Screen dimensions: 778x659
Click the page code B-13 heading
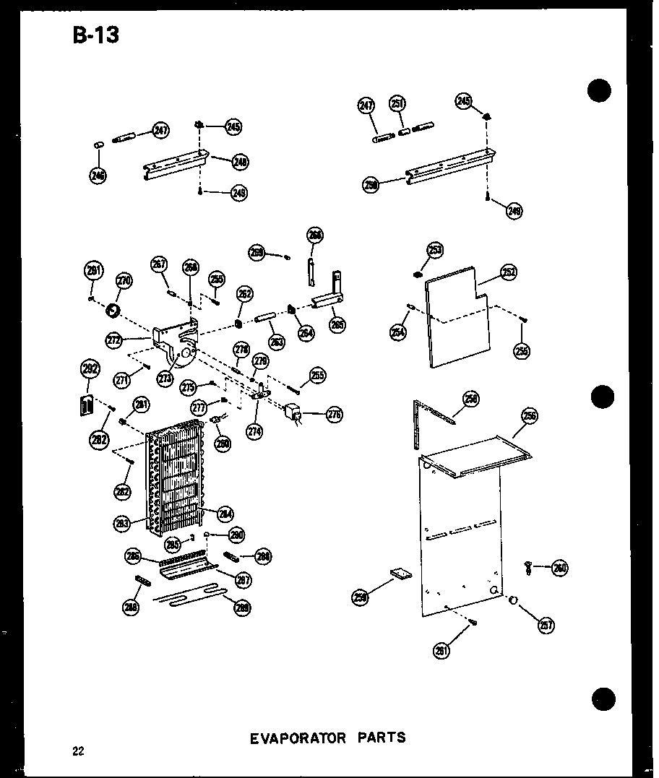click(95, 35)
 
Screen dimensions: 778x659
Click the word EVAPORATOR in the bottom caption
click(298, 738)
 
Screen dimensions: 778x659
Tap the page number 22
click(78, 751)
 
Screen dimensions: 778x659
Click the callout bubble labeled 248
click(240, 163)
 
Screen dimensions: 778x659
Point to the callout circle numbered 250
click(371, 185)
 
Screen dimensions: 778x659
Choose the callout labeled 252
click(508, 272)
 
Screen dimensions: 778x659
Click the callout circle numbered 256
click(530, 416)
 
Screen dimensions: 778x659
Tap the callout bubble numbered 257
click(546, 625)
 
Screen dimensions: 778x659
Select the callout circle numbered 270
click(124, 281)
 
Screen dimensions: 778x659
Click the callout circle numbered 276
click(334, 415)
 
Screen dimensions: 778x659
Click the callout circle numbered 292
click(89, 371)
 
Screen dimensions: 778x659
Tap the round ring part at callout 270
click(113, 311)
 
